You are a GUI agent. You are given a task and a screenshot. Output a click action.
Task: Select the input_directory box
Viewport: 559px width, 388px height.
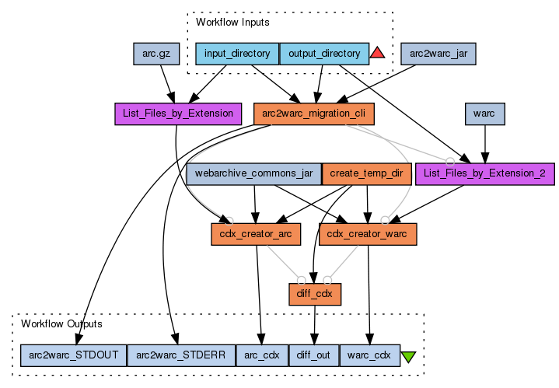tap(237, 54)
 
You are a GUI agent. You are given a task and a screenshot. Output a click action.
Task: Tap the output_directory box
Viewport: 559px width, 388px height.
tap(323, 54)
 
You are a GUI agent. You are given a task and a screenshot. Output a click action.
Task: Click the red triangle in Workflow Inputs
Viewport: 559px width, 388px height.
tap(378, 53)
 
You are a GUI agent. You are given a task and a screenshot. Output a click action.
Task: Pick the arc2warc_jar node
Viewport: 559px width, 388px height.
tap(438, 54)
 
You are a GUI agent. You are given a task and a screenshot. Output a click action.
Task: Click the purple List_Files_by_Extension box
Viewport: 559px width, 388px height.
tap(177, 114)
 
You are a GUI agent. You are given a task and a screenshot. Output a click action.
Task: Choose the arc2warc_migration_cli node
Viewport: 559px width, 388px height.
tap(314, 114)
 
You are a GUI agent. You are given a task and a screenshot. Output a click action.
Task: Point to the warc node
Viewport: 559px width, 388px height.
tap(486, 114)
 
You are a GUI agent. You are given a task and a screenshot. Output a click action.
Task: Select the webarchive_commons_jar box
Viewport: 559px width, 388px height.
tap(253, 173)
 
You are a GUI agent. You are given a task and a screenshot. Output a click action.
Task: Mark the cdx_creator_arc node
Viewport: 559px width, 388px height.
tap(254, 233)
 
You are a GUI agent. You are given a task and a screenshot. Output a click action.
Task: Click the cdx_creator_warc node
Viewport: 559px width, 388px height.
tap(369, 233)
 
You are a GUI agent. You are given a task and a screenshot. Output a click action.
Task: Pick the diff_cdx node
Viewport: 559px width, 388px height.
tap(314, 293)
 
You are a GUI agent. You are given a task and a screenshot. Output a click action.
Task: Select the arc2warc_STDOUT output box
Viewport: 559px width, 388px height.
tap(73, 355)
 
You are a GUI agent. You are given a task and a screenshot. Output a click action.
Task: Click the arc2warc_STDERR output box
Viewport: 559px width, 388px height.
tap(180, 355)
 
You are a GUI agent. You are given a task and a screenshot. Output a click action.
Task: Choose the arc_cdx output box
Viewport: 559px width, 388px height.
tap(261, 355)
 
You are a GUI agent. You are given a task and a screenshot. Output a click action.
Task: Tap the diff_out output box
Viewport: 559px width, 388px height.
tap(314, 355)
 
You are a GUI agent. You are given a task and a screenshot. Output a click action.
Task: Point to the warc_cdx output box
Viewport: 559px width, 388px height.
tap(370, 355)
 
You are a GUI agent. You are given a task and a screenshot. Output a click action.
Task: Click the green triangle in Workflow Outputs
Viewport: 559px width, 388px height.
tap(408, 357)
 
